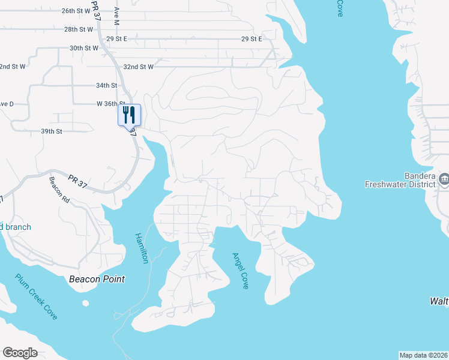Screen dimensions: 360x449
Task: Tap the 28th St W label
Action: pyautogui.click(x=79, y=29)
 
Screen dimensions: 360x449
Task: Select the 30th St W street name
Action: pyautogui.click(x=83, y=48)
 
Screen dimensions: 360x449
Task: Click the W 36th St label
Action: pyautogui.click(x=110, y=104)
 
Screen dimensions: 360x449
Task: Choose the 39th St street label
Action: pyautogui.click(x=51, y=131)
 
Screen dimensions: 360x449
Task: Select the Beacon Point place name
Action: pyautogui.click(x=97, y=279)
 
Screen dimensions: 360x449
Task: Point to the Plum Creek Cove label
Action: pyautogui.click(x=37, y=296)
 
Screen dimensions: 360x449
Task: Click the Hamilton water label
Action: pyautogui.click(x=141, y=248)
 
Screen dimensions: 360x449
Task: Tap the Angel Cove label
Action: pyautogui.click(x=241, y=271)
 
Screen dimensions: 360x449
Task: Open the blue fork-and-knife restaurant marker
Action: pyautogui.click(x=129, y=113)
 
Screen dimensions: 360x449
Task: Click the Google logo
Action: pyautogui.click(x=20, y=353)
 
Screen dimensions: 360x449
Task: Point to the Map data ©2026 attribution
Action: pyautogui.click(x=424, y=355)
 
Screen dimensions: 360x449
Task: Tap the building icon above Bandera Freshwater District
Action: pyautogui.click(x=444, y=178)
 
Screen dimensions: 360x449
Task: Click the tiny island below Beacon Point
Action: pyautogui.click(x=85, y=303)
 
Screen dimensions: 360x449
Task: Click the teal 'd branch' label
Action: pyautogui.click(x=16, y=227)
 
